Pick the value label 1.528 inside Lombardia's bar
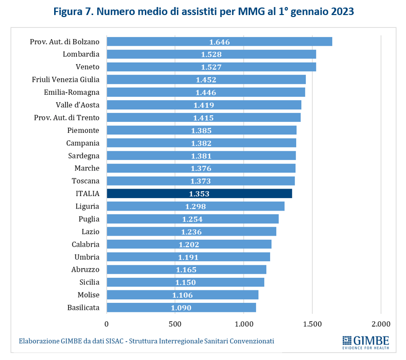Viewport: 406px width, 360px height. coord(211,54)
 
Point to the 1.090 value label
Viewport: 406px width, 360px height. coord(181,307)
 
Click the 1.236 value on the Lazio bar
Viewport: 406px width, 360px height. coord(191,232)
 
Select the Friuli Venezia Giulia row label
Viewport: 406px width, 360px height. coord(66,79)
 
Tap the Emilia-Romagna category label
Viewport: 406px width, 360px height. coord(72,92)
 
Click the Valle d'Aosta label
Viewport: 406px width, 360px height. coord(78,105)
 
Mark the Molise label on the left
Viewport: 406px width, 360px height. coord(89,295)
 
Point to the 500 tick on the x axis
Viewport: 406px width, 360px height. coord(175,323)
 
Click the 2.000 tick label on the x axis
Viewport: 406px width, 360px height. coord(380,323)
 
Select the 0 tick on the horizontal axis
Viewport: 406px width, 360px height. coord(107,323)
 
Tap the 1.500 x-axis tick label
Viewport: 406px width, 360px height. coord(312,323)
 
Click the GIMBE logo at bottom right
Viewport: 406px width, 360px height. coord(365,342)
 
